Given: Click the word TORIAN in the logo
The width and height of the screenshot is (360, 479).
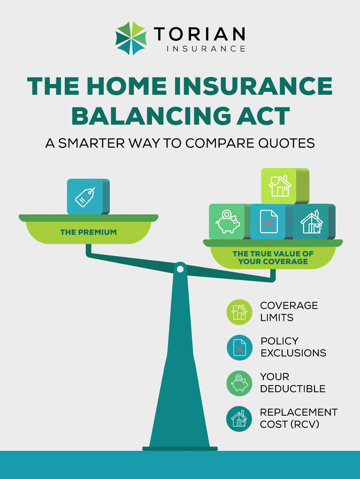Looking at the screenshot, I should coord(199,34).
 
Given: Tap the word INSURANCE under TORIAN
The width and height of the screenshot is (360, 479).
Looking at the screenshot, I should coord(206,49).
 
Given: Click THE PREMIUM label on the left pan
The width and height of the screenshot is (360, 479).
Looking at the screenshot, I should coord(88,232).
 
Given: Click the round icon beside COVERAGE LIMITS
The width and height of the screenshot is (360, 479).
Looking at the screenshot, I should coord(239,312).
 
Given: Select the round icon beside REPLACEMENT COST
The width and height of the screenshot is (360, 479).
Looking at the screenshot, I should coord(239,418).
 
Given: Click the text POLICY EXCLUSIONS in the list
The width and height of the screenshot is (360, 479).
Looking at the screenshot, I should coord(293,347).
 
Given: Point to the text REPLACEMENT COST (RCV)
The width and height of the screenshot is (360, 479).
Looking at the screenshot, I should coord(299,418).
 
